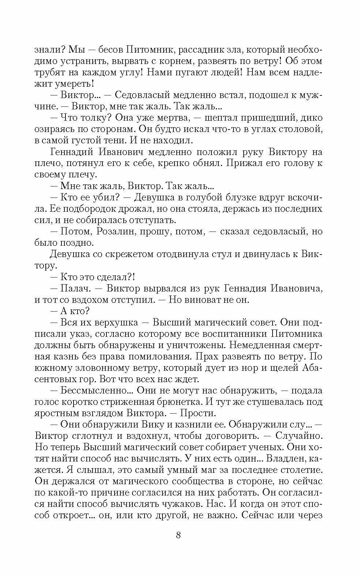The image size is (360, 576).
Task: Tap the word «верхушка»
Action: point(116,323)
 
